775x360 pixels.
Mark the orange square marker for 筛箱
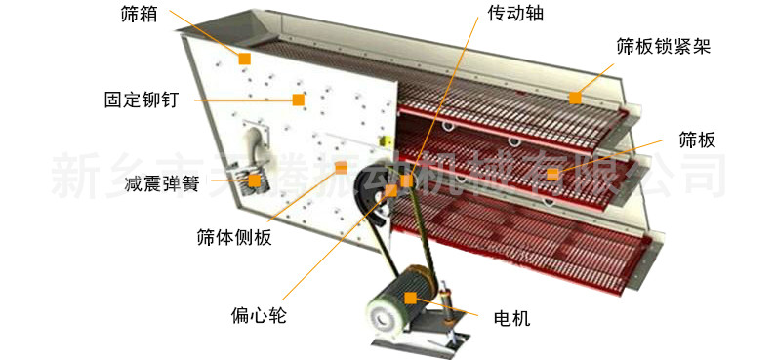[x=244, y=59]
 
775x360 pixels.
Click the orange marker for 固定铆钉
[x=298, y=99]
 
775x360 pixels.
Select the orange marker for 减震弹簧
[x=254, y=180]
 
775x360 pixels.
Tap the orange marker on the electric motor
[x=411, y=297]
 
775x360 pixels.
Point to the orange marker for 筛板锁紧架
[x=575, y=98]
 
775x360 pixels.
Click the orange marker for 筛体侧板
[x=341, y=168]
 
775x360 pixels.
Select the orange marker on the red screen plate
[x=552, y=174]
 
